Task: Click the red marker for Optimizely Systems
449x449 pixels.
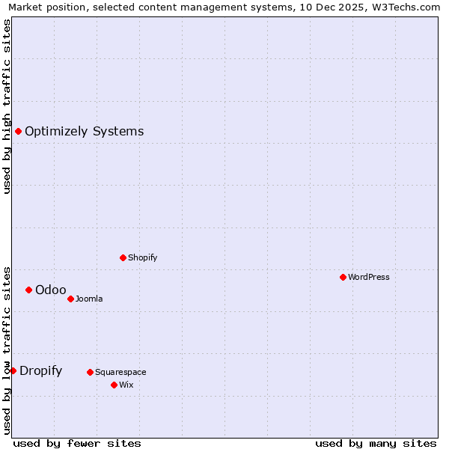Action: click(x=19, y=132)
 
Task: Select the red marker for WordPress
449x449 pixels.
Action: click(x=343, y=277)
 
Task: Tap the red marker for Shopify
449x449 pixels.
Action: click(x=123, y=257)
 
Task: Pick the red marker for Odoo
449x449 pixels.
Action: click(x=28, y=290)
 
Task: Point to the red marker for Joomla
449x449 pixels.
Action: click(x=70, y=299)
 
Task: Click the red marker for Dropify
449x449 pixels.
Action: click(x=13, y=370)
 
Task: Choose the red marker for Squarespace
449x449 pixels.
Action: click(x=90, y=372)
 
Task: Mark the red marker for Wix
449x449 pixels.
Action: click(x=114, y=385)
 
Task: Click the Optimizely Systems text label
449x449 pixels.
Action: click(x=84, y=132)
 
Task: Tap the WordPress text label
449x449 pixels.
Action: click(x=369, y=277)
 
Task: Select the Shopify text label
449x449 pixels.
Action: click(x=142, y=257)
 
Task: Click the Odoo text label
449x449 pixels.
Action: click(x=50, y=290)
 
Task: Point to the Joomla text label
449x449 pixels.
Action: click(x=89, y=299)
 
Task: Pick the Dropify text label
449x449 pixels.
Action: click(x=40, y=370)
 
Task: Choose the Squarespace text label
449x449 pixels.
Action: click(x=120, y=372)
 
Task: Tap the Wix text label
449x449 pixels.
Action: click(x=126, y=385)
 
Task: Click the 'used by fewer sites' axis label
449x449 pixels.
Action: click(x=77, y=443)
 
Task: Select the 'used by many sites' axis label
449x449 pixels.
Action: click(x=376, y=443)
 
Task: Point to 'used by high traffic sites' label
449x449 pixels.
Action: click(x=7, y=106)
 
